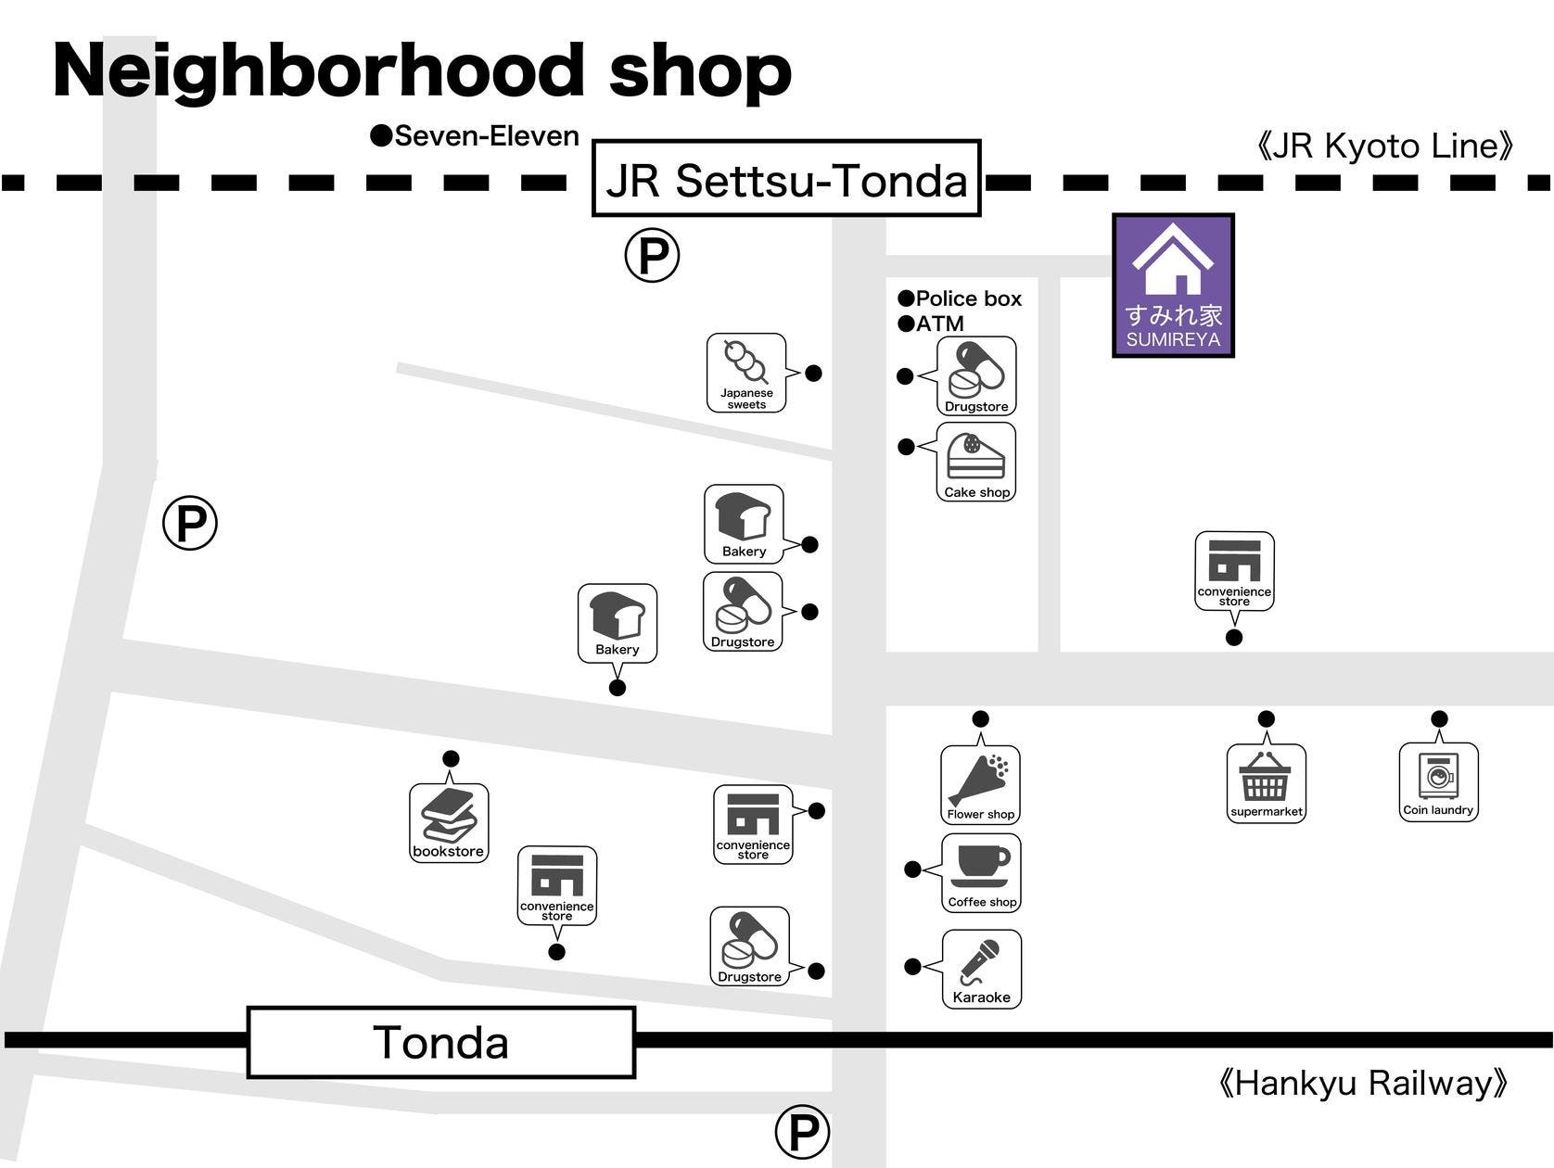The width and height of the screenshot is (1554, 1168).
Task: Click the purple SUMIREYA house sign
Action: [x=1173, y=286]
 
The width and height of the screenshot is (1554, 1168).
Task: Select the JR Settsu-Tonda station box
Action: [x=786, y=179]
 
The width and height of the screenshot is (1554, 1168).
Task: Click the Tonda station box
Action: [x=441, y=1043]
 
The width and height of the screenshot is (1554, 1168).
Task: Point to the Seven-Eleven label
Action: [x=475, y=136]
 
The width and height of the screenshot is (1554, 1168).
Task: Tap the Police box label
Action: [x=961, y=298]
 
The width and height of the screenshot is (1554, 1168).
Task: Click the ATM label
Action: [x=931, y=324]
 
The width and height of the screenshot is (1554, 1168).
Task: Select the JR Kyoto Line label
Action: [x=1385, y=146]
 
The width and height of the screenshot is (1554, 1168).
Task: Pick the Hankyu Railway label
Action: [x=1362, y=1083]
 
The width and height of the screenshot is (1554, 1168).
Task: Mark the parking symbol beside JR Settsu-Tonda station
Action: [x=652, y=255]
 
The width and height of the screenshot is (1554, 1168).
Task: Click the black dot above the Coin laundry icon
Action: [x=1439, y=718]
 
